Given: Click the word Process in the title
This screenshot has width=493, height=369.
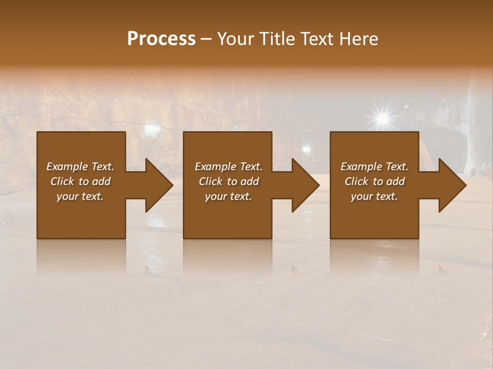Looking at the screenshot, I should point(161,39).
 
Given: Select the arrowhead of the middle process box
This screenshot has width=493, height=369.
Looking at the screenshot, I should point(305,185).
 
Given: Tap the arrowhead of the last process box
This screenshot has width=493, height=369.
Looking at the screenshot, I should point(451,185).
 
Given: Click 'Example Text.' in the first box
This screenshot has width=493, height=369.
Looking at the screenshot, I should point(80,167).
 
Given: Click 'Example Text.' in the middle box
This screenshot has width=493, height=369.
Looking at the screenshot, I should point(229,167).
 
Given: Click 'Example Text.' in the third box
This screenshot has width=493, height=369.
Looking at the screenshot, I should point(374,167).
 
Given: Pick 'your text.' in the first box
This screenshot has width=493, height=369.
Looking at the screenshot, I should point(80,196).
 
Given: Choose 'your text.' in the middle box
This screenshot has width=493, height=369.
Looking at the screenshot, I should point(229,196).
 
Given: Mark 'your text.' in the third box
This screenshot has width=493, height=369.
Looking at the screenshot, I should point(374,196).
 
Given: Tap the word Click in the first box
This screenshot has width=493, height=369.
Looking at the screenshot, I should point(62,181).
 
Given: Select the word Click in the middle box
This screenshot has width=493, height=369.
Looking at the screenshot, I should point(211,181).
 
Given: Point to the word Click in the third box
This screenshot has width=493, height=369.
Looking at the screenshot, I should point(356,181).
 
